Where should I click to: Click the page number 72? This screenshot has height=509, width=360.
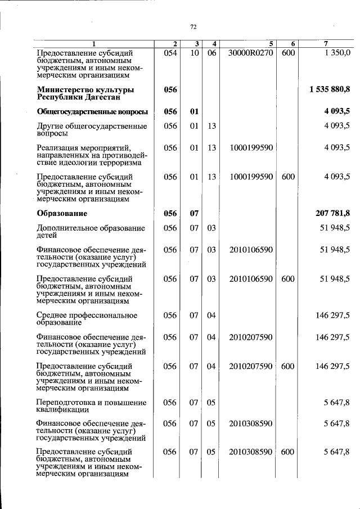(x=193, y=26)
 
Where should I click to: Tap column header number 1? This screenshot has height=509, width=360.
(x=94, y=44)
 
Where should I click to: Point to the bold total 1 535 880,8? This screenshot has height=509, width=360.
(x=330, y=89)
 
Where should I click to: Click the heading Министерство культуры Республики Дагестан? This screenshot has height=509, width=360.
(x=85, y=93)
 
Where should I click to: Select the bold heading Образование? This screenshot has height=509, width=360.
(x=62, y=213)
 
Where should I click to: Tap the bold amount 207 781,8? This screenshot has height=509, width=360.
(x=333, y=213)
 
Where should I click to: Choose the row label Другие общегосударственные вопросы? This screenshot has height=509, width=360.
(x=91, y=130)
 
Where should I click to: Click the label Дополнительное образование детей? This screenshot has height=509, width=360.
(x=91, y=232)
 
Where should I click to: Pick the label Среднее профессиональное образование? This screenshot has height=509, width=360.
(x=87, y=319)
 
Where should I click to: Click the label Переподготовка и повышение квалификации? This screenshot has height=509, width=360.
(x=91, y=407)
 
